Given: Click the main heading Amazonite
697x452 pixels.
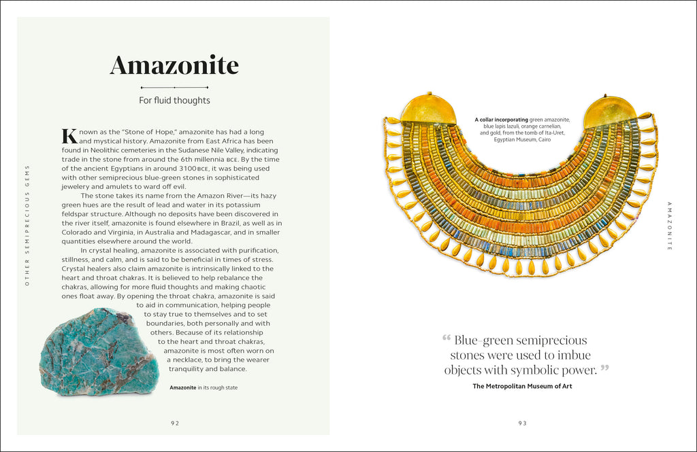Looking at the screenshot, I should pos(174,65).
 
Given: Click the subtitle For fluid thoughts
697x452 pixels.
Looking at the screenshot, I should pos(174,101).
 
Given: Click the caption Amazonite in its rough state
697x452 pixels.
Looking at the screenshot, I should pos(204,387).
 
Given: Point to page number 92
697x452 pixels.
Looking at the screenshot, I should pos(175,423).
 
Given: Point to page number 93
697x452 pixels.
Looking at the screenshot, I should pos(522,423).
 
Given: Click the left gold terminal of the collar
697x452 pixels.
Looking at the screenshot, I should pos(427,109).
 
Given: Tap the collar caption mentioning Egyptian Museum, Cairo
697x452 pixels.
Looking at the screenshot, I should pos(522,129).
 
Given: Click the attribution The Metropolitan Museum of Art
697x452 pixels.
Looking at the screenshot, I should pos(522,386).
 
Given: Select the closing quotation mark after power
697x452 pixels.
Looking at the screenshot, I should pos(604,369).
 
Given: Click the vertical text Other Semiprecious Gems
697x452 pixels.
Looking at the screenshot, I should pos(28,224).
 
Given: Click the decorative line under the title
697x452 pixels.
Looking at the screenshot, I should pos(174,88).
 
